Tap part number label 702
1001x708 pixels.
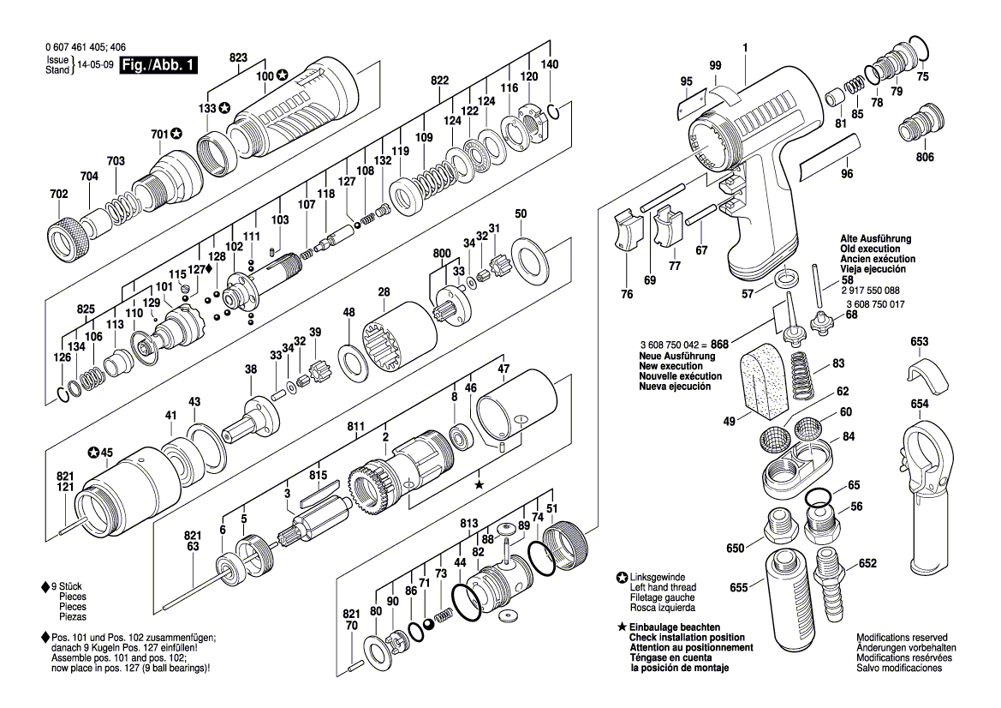pyautogui.click(x=58, y=195)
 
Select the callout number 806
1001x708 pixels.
pyautogui.click(x=926, y=158)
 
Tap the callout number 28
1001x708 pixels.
pyautogui.click(x=384, y=293)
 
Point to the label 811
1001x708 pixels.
pyautogui.click(x=357, y=426)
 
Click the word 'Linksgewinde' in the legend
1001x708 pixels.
pyautogui.click(x=657, y=576)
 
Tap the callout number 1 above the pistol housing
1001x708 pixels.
pyautogui.click(x=746, y=49)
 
